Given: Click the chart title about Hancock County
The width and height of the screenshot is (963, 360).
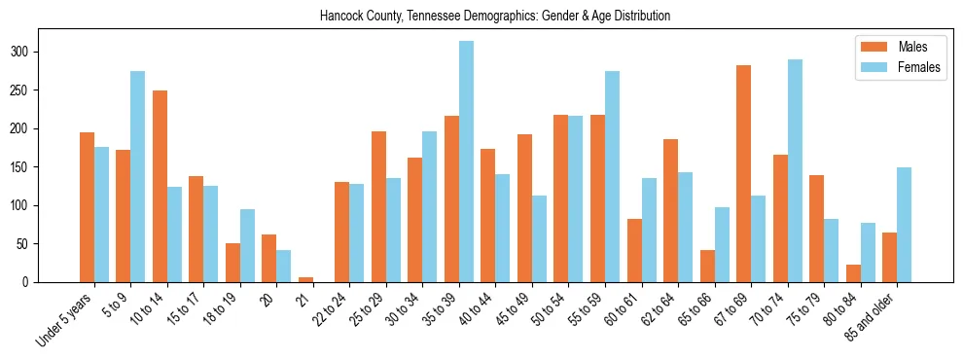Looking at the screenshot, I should (x=494, y=17).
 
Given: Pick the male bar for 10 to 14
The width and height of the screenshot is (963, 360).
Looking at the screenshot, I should (x=160, y=186).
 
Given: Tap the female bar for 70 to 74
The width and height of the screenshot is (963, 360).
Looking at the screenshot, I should (x=795, y=170).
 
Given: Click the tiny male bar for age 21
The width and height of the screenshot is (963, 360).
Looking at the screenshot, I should (x=305, y=279).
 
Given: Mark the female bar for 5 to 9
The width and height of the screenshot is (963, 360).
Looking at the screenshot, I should (x=138, y=176).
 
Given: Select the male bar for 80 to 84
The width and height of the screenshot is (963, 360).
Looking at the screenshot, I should (x=853, y=273).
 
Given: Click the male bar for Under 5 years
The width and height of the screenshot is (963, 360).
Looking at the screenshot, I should (x=87, y=207).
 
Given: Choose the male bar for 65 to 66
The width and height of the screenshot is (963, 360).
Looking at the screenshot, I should (x=707, y=266).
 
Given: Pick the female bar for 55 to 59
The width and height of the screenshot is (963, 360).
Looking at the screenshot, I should (x=612, y=176).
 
